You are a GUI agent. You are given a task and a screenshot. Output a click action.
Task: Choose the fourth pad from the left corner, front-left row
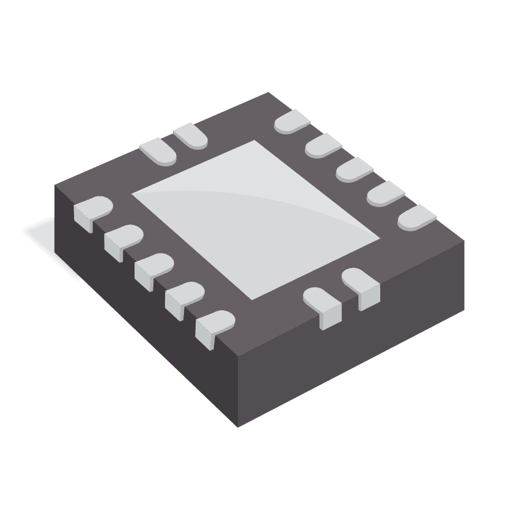coord(183,297)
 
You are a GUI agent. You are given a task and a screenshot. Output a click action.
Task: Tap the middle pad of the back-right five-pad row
coord(354,170)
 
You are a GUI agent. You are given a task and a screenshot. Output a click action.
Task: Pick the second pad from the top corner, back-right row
coord(324,146)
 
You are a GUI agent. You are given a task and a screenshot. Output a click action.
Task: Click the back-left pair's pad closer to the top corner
coord(190,135)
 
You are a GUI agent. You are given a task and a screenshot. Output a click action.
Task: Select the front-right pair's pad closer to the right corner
coord(362,285)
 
